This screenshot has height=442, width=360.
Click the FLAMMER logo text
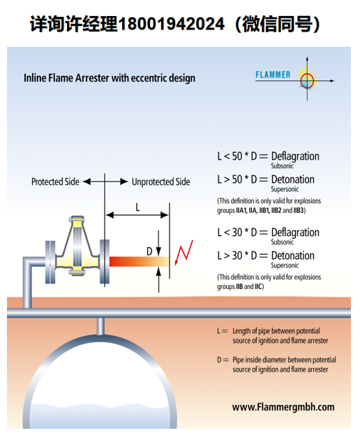273,75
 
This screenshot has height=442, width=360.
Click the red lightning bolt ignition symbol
184,253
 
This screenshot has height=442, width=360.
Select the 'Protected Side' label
55,182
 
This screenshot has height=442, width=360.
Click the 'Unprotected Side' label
161,182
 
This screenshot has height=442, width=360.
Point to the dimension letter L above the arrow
137,207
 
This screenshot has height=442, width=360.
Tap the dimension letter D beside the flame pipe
149,251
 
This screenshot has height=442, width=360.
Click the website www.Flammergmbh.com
283,407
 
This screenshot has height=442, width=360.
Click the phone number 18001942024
171,24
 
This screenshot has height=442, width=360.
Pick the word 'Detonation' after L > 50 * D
293,179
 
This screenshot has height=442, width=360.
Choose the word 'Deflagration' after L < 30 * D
295,233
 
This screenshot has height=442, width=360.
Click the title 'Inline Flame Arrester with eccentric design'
110,78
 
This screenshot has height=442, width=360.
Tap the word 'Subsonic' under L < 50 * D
283,165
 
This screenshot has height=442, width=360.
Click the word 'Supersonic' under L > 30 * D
285,265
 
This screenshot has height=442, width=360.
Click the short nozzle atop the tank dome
100,326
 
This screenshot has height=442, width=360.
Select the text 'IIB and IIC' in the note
249,287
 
